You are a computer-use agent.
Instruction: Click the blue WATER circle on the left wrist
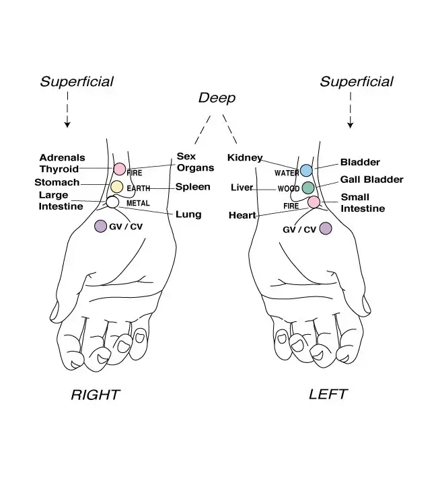(306, 170)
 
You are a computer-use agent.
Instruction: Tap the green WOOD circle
(308, 188)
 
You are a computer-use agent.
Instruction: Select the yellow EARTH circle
(117, 187)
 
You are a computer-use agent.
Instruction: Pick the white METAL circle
(112, 202)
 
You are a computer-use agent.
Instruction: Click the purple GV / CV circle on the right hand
(100, 226)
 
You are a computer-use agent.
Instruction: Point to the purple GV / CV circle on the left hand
(326, 229)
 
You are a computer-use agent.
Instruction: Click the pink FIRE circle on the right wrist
(119, 169)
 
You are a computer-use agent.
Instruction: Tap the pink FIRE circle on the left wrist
(314, 202)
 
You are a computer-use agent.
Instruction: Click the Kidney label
(245, 158)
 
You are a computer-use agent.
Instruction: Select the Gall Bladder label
(371, 179)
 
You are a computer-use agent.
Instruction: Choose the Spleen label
(193, 187)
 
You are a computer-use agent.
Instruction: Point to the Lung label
(188, 214)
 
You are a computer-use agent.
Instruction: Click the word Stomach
(57, 182)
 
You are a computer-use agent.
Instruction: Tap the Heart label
(242, 215)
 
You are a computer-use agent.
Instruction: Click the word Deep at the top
(217, 98)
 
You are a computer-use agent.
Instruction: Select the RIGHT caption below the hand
(95, 395)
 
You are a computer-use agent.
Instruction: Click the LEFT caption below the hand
(328, 395)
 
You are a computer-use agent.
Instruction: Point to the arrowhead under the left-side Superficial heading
(67, 125)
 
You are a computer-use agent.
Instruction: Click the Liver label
(242, 188)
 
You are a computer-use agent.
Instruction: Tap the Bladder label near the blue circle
(360, 162)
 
